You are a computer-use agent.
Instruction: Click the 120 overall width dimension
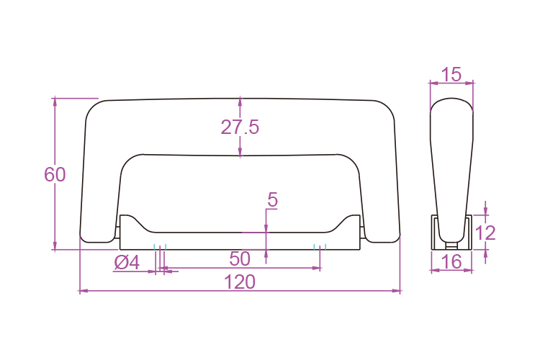coord(240,282)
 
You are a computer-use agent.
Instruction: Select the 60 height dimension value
coord(55,175)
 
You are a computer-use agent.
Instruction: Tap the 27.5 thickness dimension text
coord(240,127)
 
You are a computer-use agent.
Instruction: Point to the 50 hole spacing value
coord(240,258)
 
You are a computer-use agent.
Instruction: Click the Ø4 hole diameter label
coord(127,263)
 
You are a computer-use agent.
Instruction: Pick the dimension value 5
coord(272,200)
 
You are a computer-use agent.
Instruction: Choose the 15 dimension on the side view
coord(451,74)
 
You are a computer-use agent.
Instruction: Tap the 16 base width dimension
coord(451,262)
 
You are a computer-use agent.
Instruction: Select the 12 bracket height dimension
coord(485,233)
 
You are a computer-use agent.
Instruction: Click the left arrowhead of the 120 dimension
coord(84,291)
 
